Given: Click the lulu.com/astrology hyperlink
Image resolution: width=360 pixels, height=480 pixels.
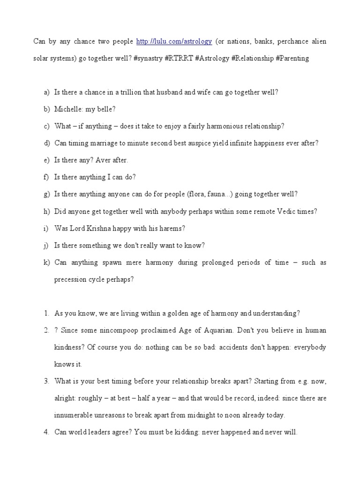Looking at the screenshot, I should pyautogui.click(x=174, y=42).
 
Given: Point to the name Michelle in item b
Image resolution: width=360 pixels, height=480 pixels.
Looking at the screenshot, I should pyautogui.click(x=67, y=109).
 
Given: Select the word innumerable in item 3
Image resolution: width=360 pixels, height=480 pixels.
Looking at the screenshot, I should pyautogui.click(x=74, y=415).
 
